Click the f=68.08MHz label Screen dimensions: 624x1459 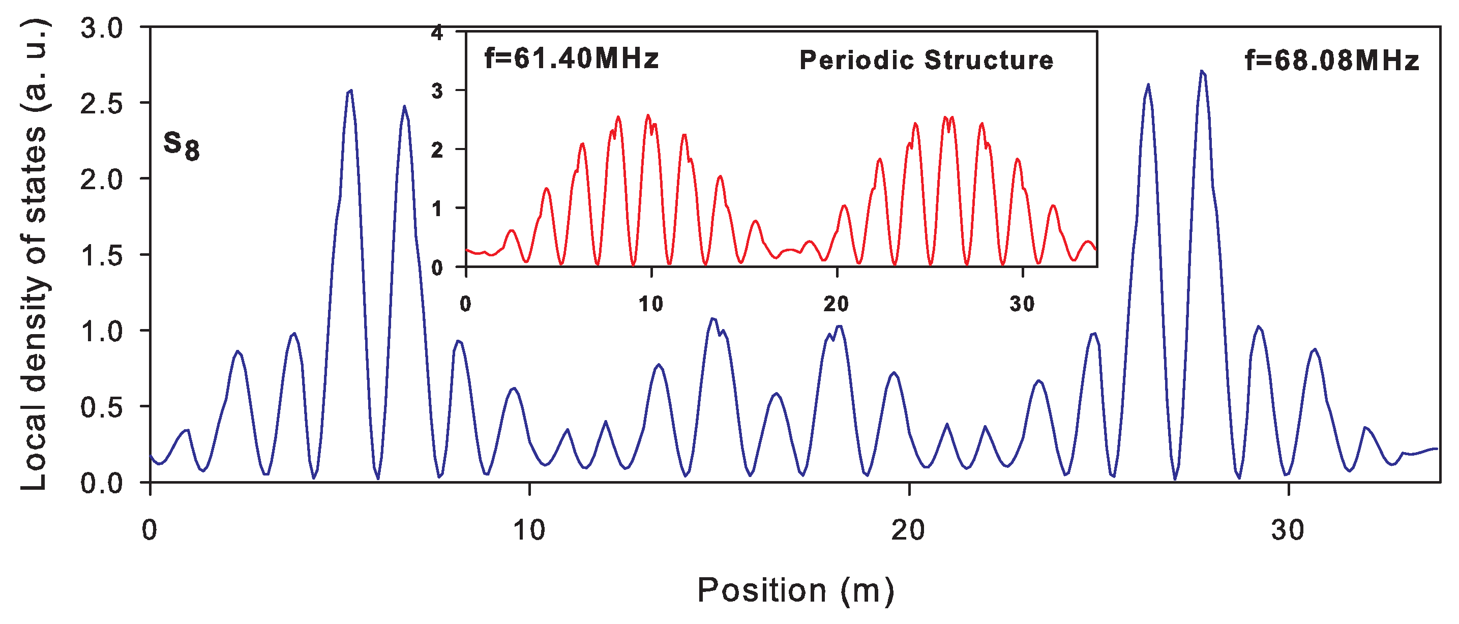1331,61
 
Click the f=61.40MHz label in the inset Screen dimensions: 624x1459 572,59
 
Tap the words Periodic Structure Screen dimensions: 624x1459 926,60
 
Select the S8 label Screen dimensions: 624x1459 181,145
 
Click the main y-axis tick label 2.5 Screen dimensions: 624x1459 101,104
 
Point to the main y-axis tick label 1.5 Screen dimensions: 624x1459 101,255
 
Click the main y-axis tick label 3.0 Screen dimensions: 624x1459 101,28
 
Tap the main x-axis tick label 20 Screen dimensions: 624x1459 908,530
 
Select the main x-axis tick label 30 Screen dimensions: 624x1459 1288,530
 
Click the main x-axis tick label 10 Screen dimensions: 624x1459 529,530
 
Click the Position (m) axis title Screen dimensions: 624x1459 795,590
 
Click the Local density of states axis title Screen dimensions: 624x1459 34,255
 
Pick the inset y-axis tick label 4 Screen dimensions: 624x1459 437,33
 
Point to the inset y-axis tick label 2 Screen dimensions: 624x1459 437,150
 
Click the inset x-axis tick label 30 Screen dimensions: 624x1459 1022,305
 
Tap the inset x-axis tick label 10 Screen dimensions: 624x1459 651,305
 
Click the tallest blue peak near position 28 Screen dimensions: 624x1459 1201,72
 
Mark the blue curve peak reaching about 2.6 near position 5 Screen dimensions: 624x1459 350,91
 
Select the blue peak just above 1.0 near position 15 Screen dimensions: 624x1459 713,319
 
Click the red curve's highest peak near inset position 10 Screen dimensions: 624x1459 648,115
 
